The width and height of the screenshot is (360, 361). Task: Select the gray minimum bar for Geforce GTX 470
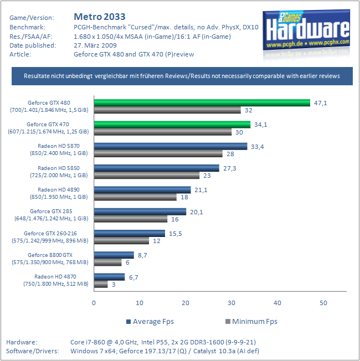point(163,132)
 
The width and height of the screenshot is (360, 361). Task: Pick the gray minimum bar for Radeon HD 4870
point(101,284)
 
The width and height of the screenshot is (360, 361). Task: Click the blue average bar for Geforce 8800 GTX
point(114,255)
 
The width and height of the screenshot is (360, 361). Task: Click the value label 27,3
point(229,168)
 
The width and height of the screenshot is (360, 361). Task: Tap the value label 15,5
point(175,233)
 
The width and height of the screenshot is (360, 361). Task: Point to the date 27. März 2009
point(95,45)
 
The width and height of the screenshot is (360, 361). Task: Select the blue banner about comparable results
point(182,76)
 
